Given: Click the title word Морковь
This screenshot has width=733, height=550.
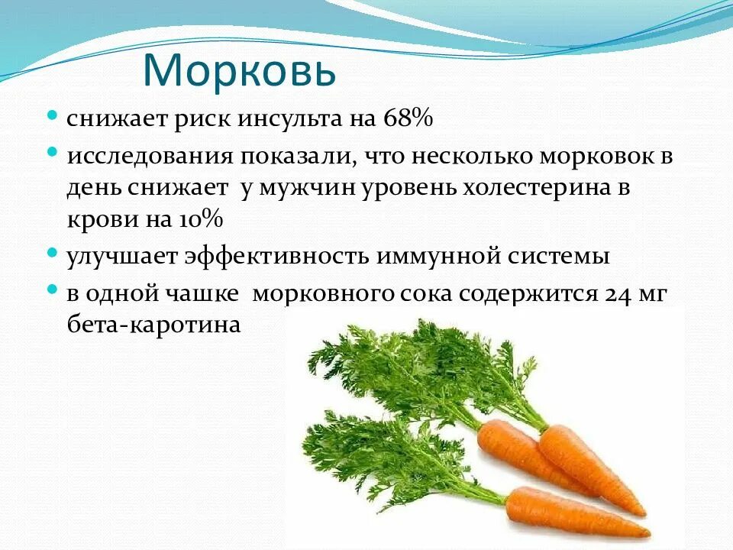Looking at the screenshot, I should pyautogui.click(x=239, y=70).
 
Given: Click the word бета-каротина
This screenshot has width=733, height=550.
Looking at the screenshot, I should pyautogui.click(x=153, y=325).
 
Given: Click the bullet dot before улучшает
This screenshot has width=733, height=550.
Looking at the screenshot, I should pyautogui.click(x=53, y=252).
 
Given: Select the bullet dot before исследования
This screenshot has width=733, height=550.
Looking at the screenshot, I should pyautogui.click(x=53, y=152).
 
